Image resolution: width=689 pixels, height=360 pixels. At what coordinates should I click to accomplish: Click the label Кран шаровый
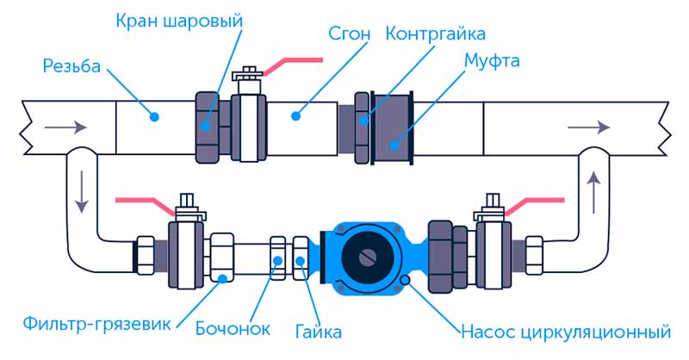click(x=179, y=21)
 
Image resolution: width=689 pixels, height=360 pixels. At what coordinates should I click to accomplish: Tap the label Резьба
click(x=71, y=66)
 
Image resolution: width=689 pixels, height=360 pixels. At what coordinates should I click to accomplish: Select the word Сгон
click(x=350, y=34)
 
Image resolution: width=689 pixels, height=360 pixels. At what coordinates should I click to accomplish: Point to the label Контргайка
click(x=436, y=34)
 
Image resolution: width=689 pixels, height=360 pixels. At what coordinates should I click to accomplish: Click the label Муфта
click(x=492, y=60)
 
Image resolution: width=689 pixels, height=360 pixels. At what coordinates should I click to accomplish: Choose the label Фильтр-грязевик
click(x=97, y=325)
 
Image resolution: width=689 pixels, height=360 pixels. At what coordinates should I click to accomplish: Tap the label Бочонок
click(x=233, y=328)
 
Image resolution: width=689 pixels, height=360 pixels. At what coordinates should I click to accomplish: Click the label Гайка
click(x=318, y=331)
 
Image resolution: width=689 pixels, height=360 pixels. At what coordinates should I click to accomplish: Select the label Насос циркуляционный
click(x=566, y=332)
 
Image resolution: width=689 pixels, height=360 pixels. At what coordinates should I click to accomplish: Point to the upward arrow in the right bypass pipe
click(x=593, y=192)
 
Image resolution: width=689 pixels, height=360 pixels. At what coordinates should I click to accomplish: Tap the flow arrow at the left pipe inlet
click(x=66, y=127)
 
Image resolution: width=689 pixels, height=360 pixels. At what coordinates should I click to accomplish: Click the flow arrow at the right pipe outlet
click(x=589, y=127)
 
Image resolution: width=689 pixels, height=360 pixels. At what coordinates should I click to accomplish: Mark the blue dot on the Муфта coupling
click(x=394, y=146)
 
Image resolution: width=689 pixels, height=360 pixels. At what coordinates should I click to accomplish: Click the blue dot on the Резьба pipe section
click(x=154, y=117)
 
